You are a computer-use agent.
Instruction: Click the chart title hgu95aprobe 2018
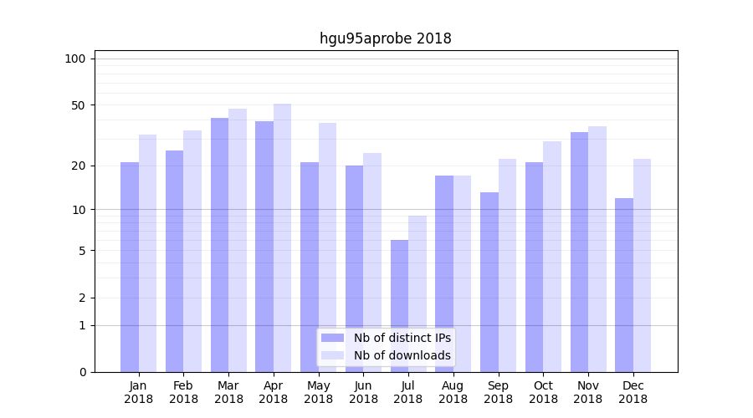click(x=385, y=38)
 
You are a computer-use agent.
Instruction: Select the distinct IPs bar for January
click(x=130, y=267)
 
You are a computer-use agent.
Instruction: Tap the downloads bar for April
click(x=283, y=237)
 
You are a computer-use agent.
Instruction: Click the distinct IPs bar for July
click(x=399, y=306)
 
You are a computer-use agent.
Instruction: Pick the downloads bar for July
click(x=417, y=293)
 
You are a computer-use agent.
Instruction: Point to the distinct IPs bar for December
click(x=624, y=285)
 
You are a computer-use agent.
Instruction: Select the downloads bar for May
click(x=328, y=247)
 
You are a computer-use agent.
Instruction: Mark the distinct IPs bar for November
click(x=579, y=252)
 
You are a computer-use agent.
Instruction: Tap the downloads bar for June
click(x=372, y=263)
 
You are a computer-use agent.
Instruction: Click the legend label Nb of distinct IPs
click(x=402, y=338)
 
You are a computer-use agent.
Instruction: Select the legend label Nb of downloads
click(x=402, y=355)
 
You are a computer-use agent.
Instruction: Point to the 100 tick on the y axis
click(x=75, y=59)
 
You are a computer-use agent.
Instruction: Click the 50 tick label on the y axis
click(x=78, y=105)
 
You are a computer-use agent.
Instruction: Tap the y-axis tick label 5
click(x=81, y=251)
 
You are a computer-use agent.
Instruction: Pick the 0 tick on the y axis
click(x=81, y=372)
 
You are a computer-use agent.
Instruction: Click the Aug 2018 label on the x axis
click(x=453, y=392)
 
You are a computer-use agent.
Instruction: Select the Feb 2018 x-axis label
click(x=183, y=392)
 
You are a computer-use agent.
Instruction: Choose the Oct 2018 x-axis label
click(x=543, y=392)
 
